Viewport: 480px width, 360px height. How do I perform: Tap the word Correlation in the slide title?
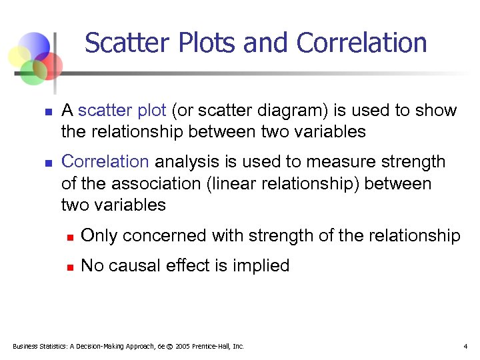pos(362,43)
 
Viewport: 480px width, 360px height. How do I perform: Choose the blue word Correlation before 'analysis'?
pos(105,162)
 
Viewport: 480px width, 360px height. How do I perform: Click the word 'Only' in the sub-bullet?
pos(99,236)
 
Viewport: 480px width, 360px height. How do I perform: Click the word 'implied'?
pos(261,266)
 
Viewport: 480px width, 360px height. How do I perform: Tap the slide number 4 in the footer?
pos(465,347)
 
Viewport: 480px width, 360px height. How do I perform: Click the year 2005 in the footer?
pos(182,347)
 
